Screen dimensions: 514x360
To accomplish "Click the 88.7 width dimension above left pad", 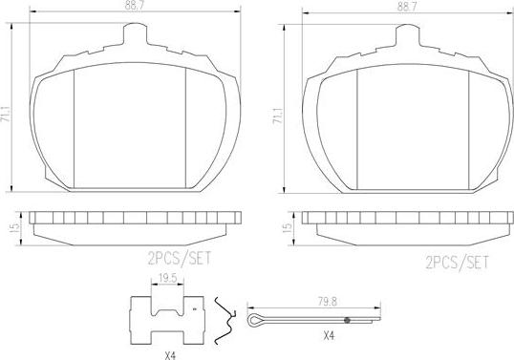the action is (x=135, y=7).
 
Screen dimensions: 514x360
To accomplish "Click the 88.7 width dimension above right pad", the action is (x=406, y=8).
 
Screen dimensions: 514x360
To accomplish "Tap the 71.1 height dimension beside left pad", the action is (x=7, y=114).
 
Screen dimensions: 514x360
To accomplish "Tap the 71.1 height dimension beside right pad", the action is (x=278, y=116).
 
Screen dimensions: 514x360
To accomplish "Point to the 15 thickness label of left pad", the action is (x=14, y=227).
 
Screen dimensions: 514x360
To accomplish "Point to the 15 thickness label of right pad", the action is (x=287, y=227).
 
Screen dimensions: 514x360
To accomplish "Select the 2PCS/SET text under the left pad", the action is (x=180, y=259).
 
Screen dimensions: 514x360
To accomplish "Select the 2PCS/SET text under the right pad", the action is (x=457, y=263).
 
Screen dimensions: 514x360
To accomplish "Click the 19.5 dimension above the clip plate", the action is (x=167, y=278).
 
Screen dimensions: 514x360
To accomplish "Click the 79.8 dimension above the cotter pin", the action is (x=328, y=302).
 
